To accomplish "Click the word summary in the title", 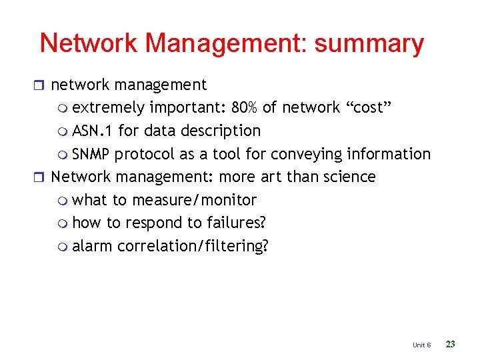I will click(369, 43).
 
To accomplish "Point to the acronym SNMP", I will click(91, 154).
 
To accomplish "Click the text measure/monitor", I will click(195, 200).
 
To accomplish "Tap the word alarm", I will click(93, 246).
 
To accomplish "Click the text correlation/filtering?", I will click(193, 246).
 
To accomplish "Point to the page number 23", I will click(450, 344).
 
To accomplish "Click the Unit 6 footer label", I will click(421, 345).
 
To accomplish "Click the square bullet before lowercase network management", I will click(44, 85).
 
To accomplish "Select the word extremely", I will click(109, 108).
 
